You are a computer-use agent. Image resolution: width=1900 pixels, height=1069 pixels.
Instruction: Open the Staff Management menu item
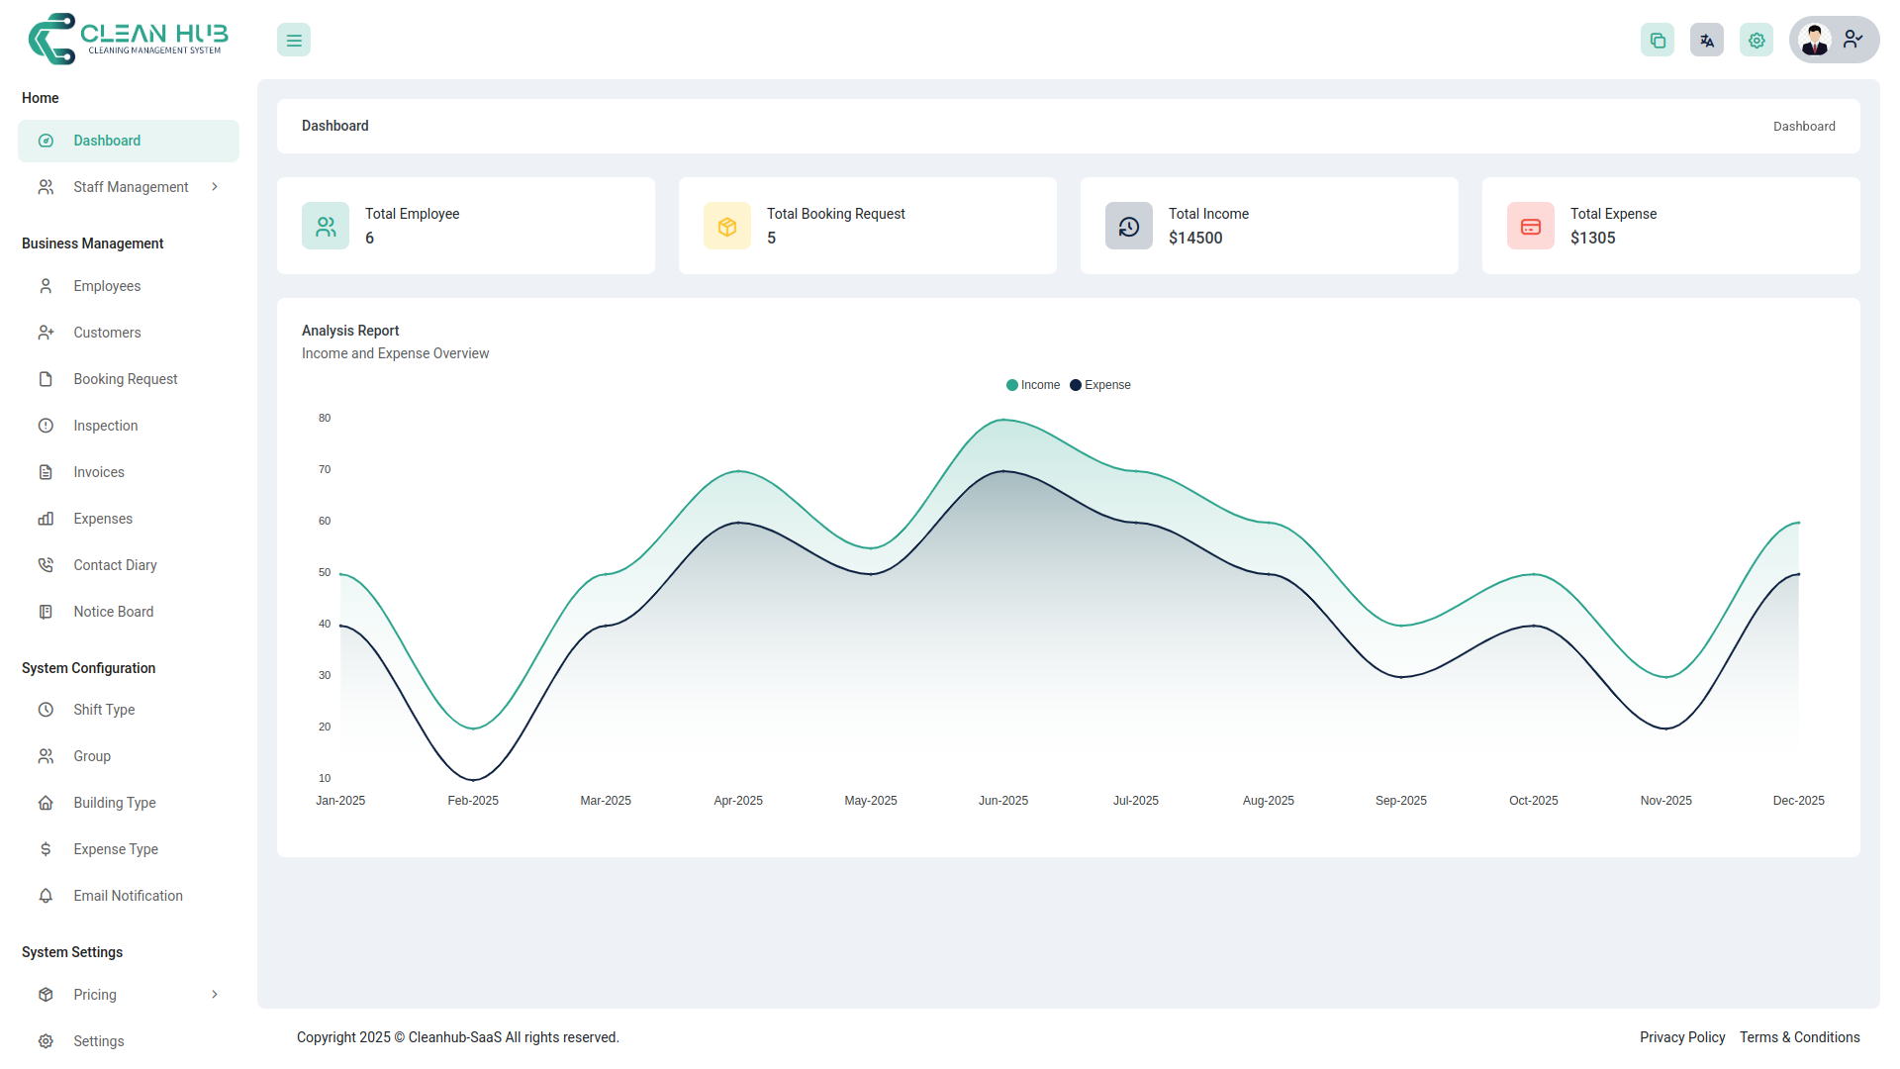click(130, 187)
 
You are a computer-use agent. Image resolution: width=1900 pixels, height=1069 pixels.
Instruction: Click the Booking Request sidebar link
click(125, 379)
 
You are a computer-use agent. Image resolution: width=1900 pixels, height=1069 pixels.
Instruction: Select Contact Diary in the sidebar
click(115, 565)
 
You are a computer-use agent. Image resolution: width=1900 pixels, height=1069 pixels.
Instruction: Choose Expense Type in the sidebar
click(115, 849)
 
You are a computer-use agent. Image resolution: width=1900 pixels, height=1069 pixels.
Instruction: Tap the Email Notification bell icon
click(46, 896)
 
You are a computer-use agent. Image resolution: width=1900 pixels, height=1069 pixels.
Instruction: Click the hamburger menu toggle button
click(294, 41)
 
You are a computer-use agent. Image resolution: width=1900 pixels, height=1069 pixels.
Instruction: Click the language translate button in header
click(1707, 41)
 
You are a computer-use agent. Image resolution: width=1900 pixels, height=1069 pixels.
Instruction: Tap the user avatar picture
click(1815, 41)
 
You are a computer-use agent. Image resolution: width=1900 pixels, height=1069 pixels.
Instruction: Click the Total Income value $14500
click(1195, 239)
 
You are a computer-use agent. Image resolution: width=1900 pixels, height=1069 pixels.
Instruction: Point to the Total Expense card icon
click(1531, 227)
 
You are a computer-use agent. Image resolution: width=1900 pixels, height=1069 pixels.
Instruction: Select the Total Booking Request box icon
click(727, 227)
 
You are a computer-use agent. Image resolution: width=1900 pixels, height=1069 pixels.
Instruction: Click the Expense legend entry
click(1100, 385)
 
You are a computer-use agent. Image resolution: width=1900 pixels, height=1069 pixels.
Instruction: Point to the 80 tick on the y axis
click(325, 419)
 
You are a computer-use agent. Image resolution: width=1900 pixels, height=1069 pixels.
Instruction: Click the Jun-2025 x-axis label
click(1003, 801)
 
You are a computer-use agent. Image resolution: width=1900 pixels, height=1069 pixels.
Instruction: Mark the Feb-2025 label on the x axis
click(473, 801)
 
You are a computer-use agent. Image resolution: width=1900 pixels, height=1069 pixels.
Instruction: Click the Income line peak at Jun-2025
click(1003, 420)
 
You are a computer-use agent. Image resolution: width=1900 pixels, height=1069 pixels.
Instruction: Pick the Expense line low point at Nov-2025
click(1666, 729)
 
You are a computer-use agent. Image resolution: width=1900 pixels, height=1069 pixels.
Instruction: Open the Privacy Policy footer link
click(1682, 1037)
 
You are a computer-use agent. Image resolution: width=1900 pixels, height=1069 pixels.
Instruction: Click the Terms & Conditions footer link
click(1800, 1037)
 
